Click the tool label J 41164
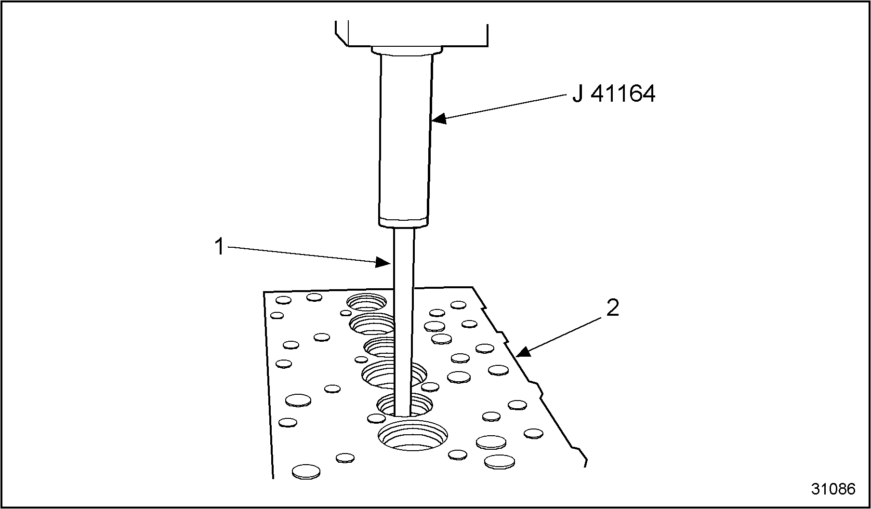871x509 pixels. point(613,94)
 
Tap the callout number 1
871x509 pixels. point(219,247)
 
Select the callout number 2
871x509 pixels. point(612,308)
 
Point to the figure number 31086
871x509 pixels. point(833,489)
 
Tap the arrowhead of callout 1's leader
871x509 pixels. point(383,262)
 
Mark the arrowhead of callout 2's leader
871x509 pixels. point(524,351)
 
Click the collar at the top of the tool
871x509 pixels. point(407,50)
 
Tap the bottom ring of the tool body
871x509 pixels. point(403,223)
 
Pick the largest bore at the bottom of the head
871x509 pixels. point(412,436)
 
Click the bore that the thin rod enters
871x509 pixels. point(404,405)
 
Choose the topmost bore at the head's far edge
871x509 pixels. point(367,302)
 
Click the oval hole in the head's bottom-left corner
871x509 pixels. point(306,471)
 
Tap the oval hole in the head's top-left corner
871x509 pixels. point(283,300)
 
